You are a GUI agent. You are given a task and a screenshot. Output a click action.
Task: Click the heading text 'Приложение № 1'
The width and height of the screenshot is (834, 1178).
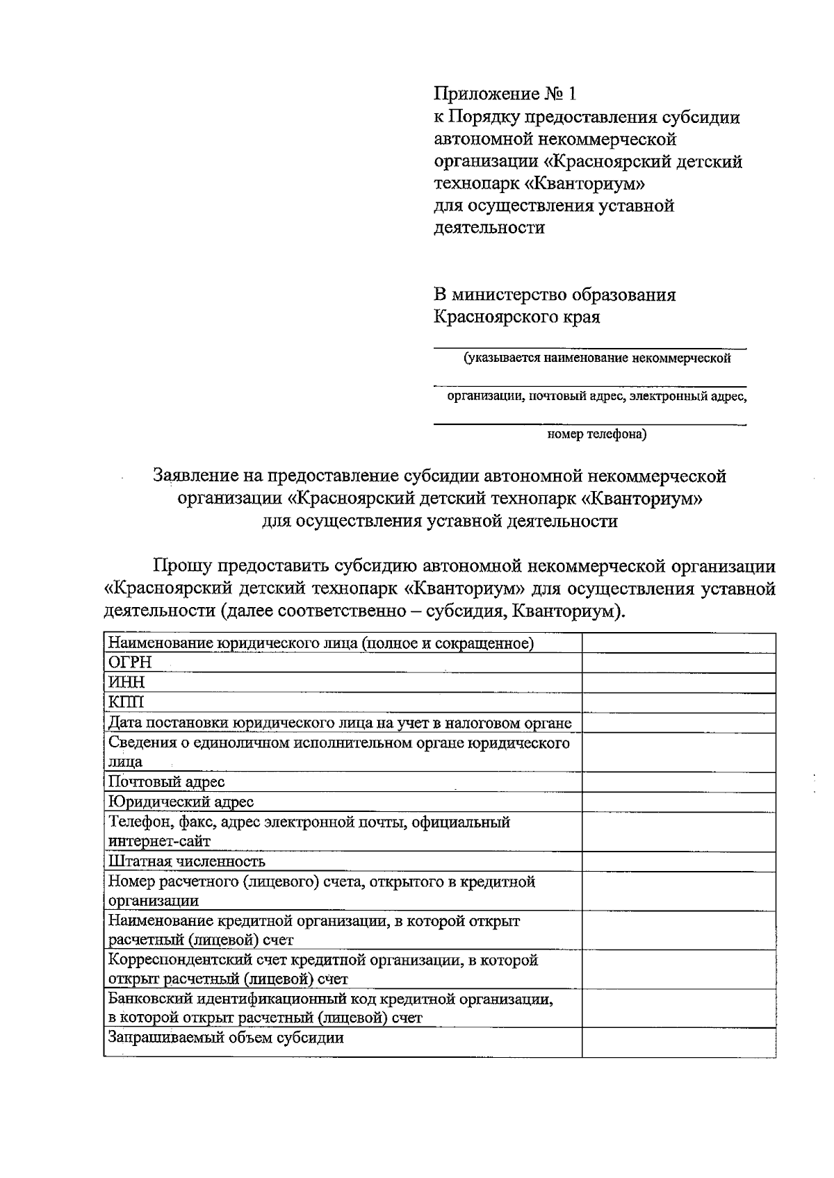point(505,94)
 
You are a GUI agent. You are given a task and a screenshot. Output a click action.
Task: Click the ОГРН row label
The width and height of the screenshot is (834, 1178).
point(130,663)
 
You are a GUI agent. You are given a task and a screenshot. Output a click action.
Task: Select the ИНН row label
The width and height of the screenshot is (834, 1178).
point(126,683)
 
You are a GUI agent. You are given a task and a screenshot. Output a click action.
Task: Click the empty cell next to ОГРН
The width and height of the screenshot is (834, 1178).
point(678,663)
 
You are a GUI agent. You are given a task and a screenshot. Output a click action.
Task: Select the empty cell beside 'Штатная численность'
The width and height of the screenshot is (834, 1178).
point(678,862)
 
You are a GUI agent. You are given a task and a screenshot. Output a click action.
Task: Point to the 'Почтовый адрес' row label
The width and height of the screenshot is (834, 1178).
point(167,782)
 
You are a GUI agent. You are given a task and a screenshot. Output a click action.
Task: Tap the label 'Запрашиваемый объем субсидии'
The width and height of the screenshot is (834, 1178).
point(227,1038)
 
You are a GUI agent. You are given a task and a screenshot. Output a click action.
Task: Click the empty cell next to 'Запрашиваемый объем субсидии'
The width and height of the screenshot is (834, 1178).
point(678,1042)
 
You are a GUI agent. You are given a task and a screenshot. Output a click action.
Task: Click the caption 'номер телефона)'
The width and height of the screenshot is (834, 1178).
point(597,435)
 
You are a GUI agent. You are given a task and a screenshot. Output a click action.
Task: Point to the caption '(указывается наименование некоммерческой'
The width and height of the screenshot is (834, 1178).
point(597,359)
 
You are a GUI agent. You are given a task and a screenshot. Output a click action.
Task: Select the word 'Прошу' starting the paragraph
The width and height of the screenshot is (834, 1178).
point(182,567)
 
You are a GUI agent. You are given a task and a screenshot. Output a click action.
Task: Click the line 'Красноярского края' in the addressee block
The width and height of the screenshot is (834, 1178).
point(516,317)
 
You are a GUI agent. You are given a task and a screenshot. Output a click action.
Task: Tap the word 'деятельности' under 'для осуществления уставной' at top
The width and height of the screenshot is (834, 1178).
point(489,228)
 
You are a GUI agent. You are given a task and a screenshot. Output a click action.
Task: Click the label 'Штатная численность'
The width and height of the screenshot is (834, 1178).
point(187,862)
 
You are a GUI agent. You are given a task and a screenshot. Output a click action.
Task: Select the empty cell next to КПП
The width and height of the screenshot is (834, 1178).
point(678,702)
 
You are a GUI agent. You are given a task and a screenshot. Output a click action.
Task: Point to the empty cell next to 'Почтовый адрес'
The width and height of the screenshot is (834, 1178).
point(678,782)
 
